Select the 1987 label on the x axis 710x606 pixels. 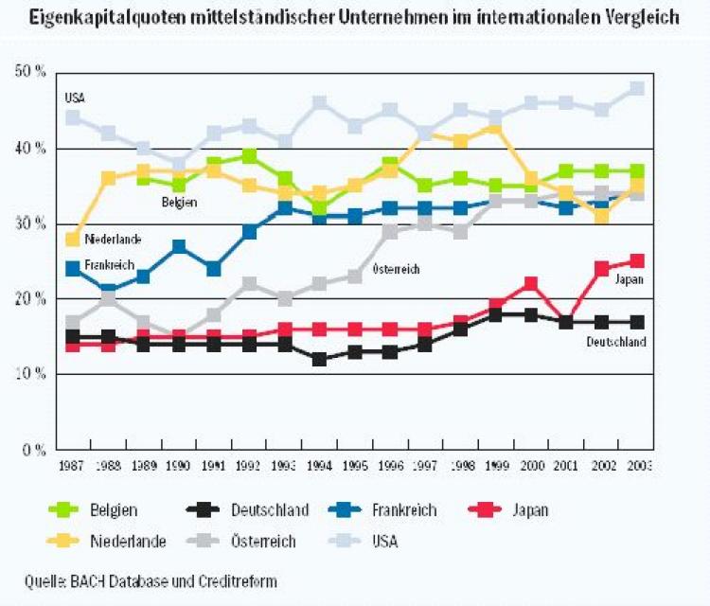(72, 466)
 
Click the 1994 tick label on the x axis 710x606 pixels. (319, 466)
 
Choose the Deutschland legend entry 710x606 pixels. (270, 510)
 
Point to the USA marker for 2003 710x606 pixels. (637, 88)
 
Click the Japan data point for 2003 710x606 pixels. (637, 260)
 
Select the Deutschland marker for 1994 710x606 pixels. (319, 359)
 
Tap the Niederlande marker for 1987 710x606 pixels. (72, 239)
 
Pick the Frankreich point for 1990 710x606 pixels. (178, 246)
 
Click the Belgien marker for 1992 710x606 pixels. (249, 155)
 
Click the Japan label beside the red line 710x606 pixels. (630, 280)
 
